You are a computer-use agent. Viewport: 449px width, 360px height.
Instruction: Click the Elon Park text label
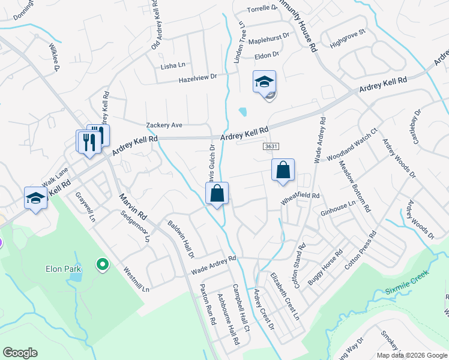(63, 269)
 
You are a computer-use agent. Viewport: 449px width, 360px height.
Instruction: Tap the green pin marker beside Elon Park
(103, 263)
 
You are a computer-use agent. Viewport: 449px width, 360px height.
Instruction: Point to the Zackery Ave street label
(164, 125)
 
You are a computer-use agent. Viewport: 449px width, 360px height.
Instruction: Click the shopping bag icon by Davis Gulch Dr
(217, 193)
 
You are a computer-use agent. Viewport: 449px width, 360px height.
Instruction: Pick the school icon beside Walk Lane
(35, 198)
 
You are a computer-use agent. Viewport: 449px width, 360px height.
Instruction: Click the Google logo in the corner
(20, 353)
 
